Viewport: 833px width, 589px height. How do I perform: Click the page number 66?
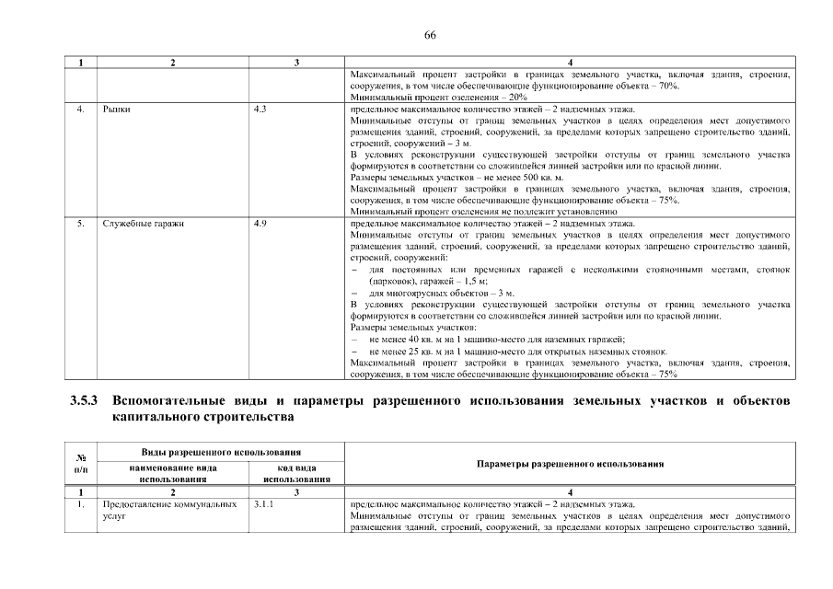click(x=429, y=35)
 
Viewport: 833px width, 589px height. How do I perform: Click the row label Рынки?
click(x=117, y=110)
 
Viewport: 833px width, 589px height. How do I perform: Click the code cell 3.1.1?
click(x=263, y=504)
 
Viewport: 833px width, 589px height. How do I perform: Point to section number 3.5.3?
click(x=87, y=402)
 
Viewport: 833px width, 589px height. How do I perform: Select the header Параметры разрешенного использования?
click(x=571, y=464)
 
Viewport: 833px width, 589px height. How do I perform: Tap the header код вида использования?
click(x=296, y=473)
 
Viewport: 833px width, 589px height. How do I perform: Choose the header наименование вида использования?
click(x=173, y=473)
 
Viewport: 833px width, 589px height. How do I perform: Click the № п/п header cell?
click(x=81, y=464)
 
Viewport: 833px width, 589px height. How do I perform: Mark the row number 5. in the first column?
click(x=81, y=224)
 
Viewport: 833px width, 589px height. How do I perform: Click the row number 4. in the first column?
click(x=81, y=110)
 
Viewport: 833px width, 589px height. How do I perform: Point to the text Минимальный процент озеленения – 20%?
click(x=439, y=97)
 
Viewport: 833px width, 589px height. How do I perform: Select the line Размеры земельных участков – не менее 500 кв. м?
click(x=457, y=178)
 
